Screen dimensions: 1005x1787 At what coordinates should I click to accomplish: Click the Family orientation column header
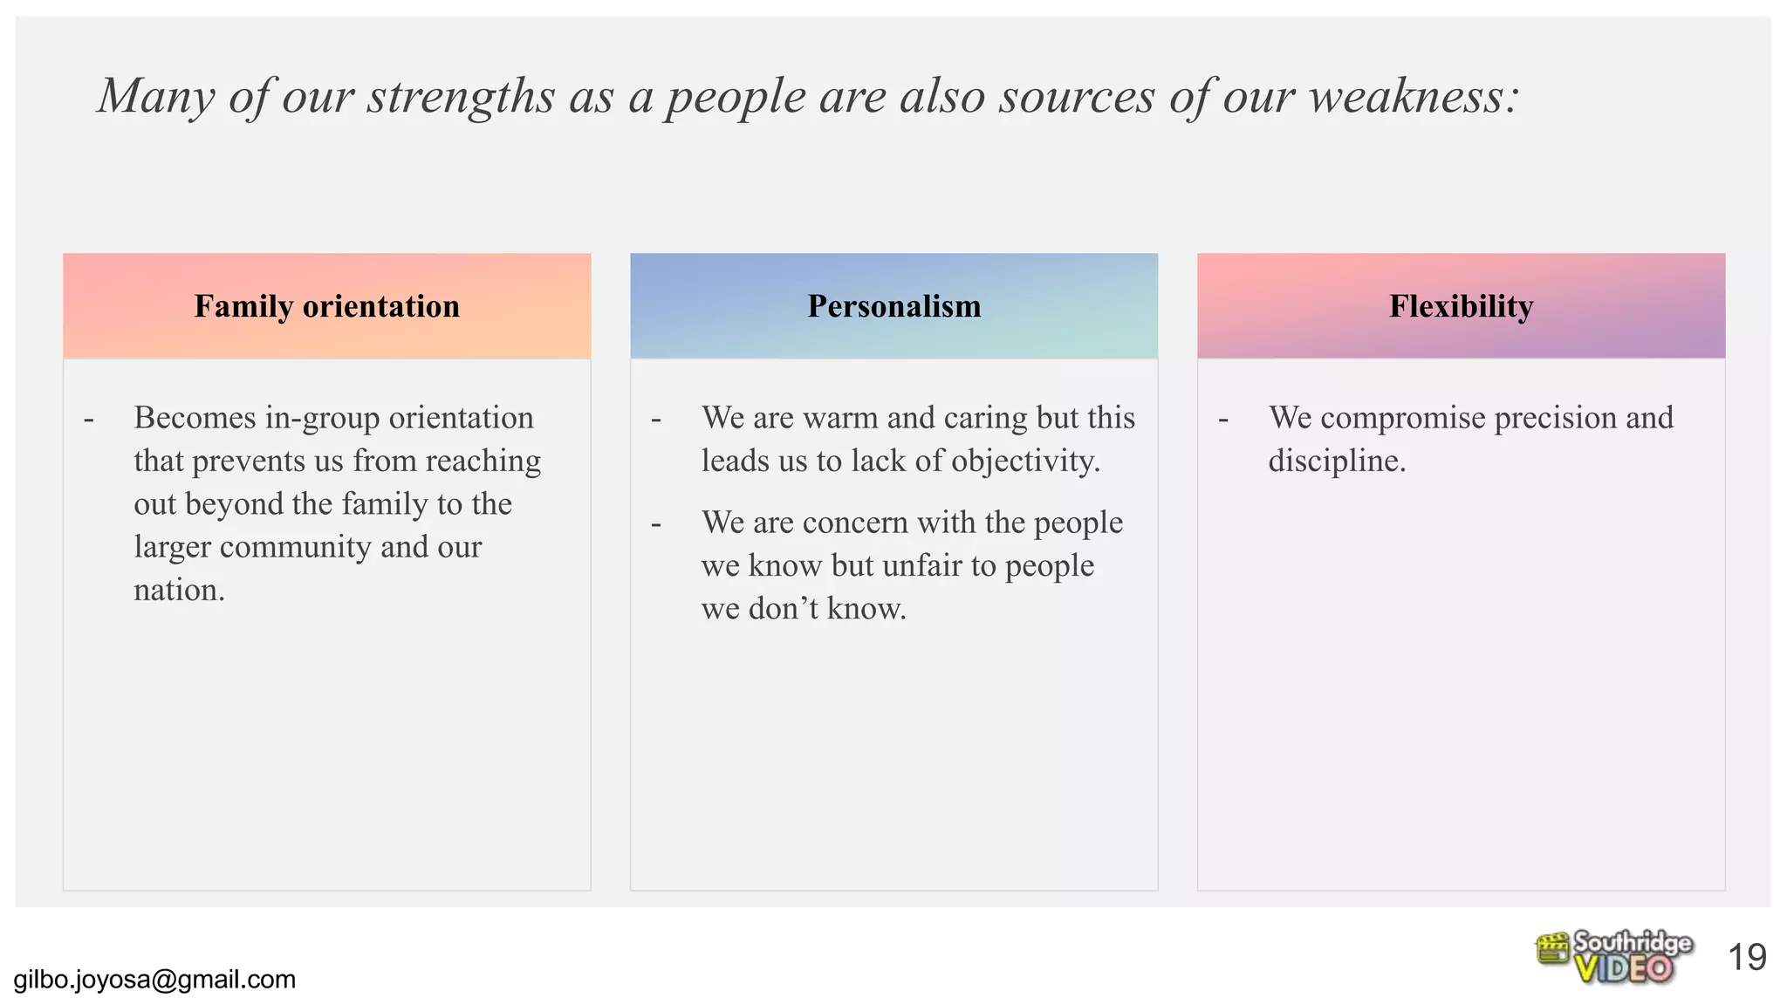(326, 306)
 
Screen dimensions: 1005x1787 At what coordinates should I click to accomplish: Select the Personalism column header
(893, 306)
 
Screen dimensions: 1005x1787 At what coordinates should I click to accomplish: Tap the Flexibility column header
(1461, 306)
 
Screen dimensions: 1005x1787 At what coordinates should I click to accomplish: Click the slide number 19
(1747, 958)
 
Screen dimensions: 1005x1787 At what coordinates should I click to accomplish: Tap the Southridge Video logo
(1613, 957)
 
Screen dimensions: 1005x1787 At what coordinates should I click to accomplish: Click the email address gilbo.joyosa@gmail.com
(154, 980)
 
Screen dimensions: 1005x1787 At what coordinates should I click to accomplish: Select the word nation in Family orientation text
(178, 591)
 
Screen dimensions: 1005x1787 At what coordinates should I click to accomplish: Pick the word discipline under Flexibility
(1336, 461)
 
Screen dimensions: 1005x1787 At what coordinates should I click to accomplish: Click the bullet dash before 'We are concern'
(656, 525)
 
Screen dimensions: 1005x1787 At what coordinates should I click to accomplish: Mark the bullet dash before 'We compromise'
(1223, 420)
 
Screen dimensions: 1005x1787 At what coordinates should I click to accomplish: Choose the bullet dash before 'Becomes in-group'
(89, 420)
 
